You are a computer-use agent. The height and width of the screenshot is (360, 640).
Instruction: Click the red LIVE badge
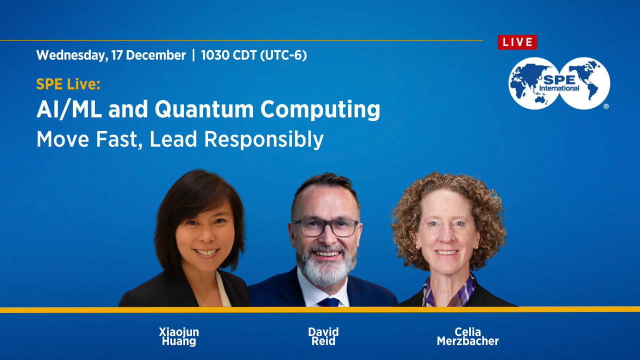tap(517, 42)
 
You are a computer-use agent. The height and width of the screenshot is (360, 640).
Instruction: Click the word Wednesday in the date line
tap(72, 55)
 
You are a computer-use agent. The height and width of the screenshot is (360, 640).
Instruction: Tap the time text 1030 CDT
tap(228, 55)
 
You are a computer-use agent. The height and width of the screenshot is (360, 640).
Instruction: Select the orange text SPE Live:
tap(68, 84)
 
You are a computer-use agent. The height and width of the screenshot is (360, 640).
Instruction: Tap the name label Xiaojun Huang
tap(179, 336)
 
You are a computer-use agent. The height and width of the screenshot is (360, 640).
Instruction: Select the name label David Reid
tap(323, 336)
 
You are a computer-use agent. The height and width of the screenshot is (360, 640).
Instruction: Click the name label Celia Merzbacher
tap(467, 336)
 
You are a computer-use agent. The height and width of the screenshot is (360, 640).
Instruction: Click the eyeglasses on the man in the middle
tap(325, 227)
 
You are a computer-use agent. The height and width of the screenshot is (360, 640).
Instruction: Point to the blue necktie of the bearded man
tap(328, 302)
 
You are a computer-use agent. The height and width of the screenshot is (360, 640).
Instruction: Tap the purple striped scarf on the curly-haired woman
tap(450, 293)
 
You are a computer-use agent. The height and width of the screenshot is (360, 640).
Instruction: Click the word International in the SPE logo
tap(559, 88)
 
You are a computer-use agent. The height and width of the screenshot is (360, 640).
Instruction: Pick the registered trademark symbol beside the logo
tap(606, 106)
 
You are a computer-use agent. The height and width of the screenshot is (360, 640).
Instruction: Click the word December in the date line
tap(155, 55)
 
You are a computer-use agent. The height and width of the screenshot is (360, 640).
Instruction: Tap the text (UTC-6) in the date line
tap(283, 55)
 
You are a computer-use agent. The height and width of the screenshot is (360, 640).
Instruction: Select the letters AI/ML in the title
tap(69, 109)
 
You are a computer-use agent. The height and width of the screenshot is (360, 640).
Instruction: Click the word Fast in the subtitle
tap(119, 139)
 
